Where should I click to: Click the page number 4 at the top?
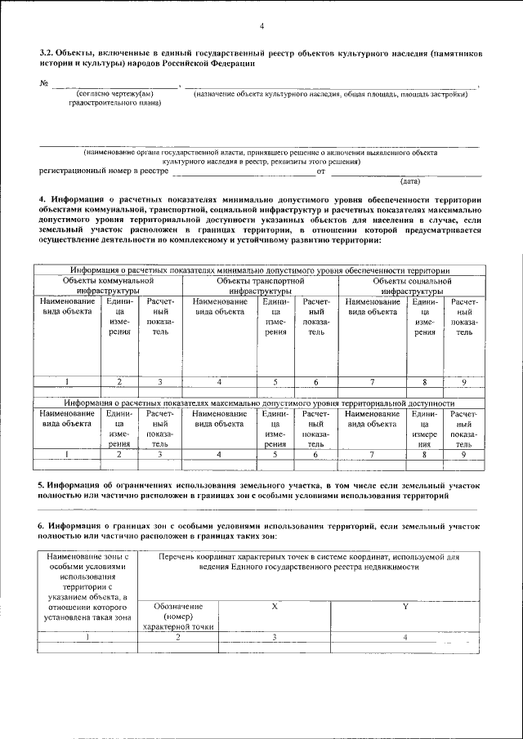261,26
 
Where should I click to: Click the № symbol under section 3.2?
44,84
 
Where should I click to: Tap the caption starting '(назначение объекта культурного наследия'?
330,95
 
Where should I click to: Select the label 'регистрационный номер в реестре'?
97,171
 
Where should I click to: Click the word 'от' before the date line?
321,171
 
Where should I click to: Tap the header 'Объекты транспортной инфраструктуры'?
261,285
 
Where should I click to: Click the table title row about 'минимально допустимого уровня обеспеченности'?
261,270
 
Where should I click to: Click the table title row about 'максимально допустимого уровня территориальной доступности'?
261,403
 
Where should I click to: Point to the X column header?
275,607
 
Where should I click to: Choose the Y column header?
405,607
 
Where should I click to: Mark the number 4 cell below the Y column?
405,637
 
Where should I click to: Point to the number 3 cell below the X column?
275,637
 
